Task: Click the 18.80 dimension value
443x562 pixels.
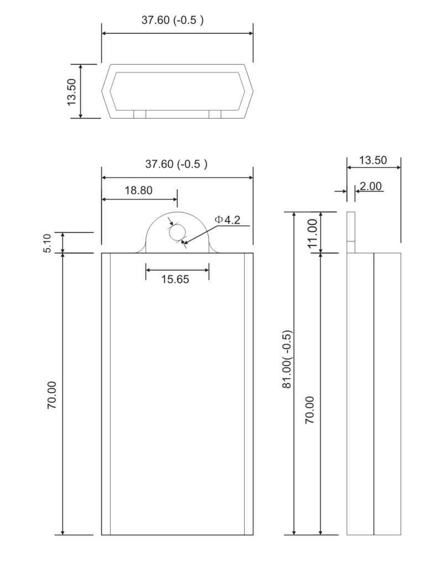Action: (138, 190)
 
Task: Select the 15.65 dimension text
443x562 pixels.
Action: (175, 279)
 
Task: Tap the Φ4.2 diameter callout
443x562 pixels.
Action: (227, 220)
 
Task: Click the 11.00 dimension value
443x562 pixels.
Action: (312, 233)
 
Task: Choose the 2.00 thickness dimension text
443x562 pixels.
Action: (370, 186)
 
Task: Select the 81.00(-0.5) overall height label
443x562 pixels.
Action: (287, 360)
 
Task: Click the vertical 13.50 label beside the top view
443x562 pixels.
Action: (71, 91)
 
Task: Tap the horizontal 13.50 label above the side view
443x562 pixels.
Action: (373, 160)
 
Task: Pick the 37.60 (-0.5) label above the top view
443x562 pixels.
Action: (173, 20)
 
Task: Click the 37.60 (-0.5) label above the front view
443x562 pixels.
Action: (176, 164)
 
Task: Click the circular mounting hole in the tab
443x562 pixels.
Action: (177, 233)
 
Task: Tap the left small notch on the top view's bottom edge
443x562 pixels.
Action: (140, 114)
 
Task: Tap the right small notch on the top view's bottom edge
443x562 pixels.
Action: (215, 114)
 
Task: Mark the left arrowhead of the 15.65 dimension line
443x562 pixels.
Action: (148, 270)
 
